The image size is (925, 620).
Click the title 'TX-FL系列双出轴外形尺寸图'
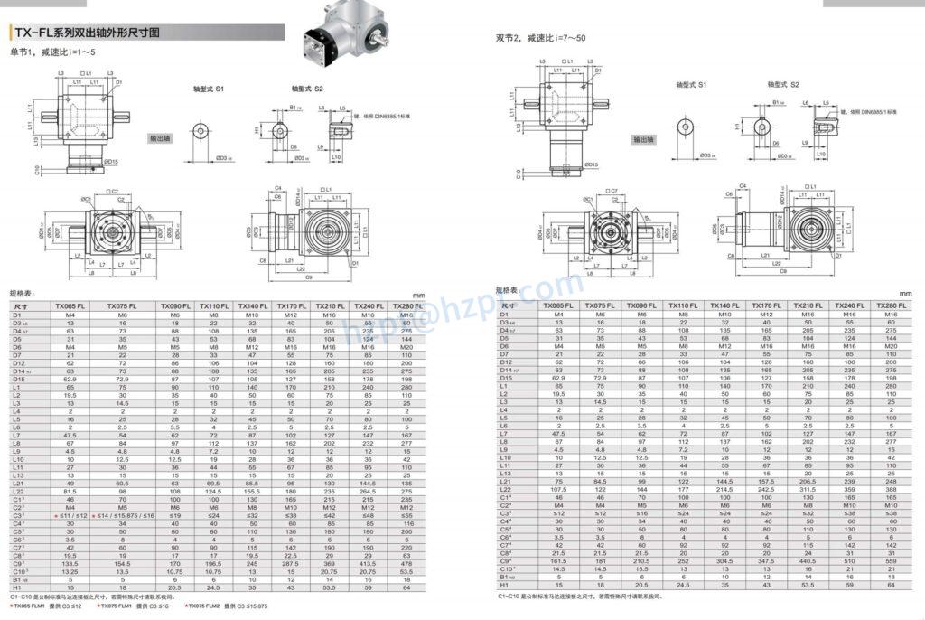pos(87,33)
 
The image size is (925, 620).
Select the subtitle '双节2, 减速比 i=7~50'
pos(540,38)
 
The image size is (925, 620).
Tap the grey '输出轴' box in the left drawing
pos(164,139)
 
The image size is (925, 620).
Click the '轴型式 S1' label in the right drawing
pos(691,83)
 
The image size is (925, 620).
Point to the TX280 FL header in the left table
pos(411,306)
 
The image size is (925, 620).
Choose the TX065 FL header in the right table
pos(560,306)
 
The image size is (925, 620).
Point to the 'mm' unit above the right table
pos(905,293)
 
